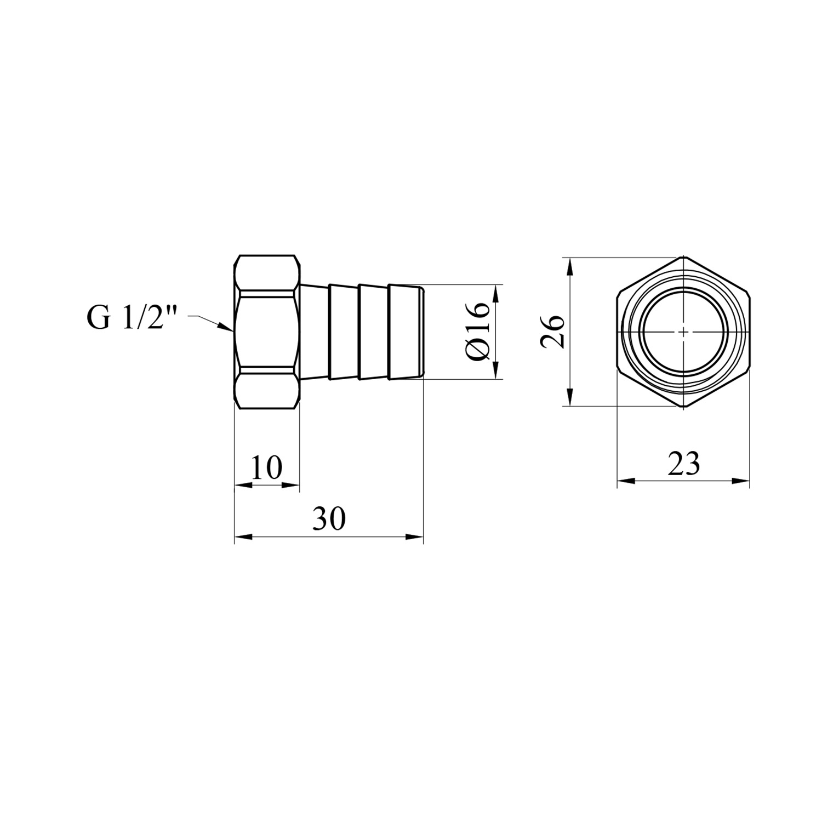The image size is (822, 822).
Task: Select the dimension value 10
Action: pyautogui.click(x=266, y=467)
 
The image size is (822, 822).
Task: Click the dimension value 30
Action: pyautogui.click(x=329, y=518)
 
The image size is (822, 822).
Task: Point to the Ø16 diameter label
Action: pyautogui.click(x=478, y=331)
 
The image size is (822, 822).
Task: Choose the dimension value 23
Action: pyautogui.click(x=683, y=464)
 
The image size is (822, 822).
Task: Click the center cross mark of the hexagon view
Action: pyautogui.click(x=683, y=332)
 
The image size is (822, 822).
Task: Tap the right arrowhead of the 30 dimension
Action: pyautogui.click(x=414, y=537)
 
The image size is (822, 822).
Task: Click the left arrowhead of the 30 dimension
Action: pyautogui.click(x=243, y=537)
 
